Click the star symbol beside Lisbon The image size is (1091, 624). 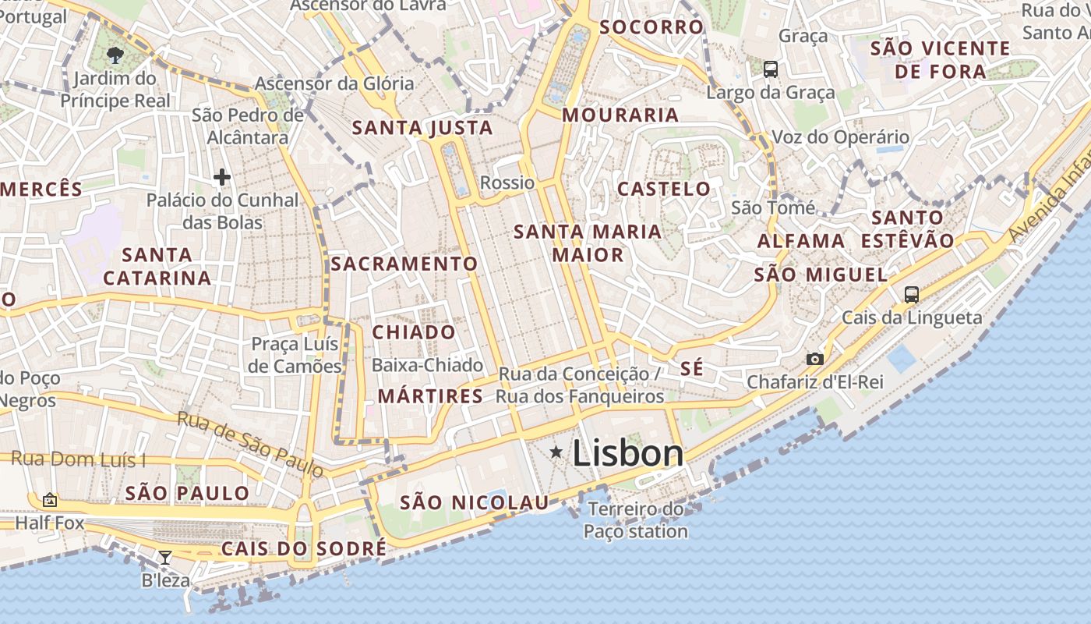556,452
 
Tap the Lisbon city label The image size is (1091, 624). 627,453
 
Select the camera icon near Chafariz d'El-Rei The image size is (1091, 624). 814,359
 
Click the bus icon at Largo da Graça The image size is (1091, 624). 770,69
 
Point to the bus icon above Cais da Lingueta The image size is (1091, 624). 911,294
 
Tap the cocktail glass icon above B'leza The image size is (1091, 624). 164,557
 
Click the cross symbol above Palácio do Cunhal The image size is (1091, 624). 222,177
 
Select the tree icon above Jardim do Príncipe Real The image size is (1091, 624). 115,55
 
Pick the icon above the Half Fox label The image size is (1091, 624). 50,499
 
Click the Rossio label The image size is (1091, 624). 508,183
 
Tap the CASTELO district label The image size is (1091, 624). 664,189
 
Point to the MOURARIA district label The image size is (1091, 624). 620,115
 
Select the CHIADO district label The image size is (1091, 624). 414,332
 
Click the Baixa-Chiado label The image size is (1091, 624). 428,365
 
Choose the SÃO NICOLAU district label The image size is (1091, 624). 475,503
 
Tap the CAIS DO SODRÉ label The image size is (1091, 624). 303,548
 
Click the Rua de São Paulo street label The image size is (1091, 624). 250,443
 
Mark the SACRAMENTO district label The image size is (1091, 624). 404,264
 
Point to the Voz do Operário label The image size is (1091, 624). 840,137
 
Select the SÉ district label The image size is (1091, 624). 691,369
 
